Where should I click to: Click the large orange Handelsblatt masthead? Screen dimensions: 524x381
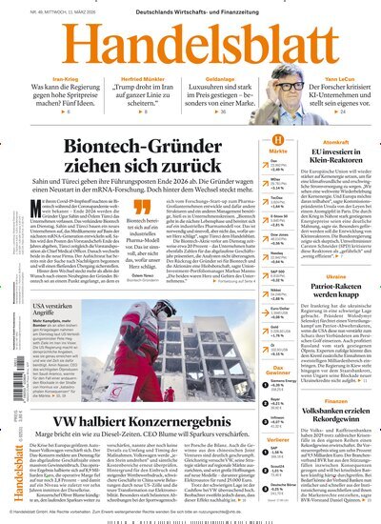pos(190,43)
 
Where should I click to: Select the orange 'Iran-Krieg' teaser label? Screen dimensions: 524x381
pos(52,79)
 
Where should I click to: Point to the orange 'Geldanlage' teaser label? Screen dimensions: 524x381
pos(218,79)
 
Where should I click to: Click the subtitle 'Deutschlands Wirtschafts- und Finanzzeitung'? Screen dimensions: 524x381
pos(190,10)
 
